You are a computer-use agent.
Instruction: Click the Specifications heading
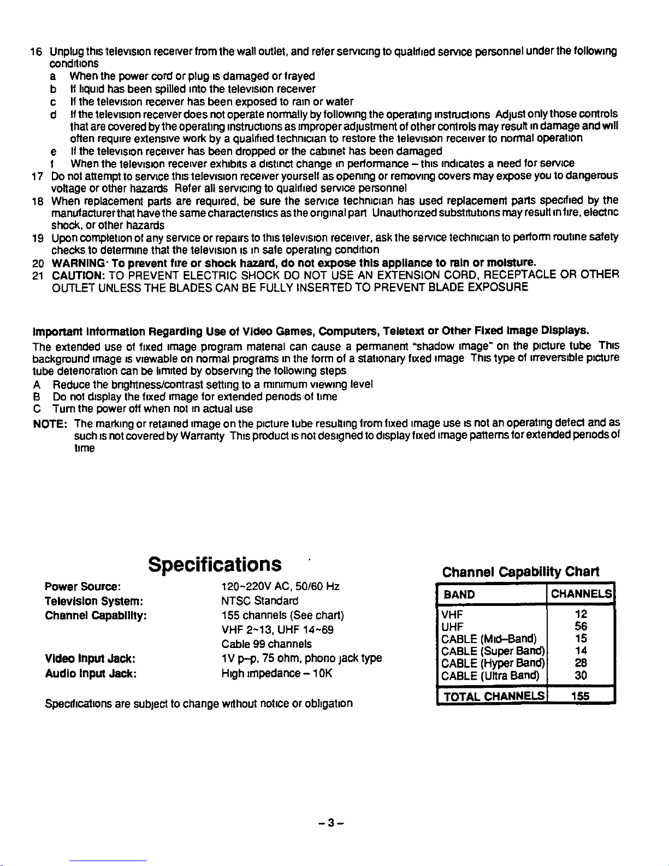[215, 564]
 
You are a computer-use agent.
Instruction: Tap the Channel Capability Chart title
[520, 572]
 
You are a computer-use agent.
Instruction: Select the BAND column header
[459, 594]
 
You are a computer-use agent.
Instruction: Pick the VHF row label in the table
[452, 614]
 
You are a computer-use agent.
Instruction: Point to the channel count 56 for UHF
[581, 626]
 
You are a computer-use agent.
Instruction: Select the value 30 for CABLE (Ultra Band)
[581, 675]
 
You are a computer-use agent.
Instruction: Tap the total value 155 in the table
[581, 696]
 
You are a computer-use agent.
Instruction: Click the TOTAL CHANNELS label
[494, 696]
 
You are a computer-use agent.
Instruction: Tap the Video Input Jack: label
[90, 658]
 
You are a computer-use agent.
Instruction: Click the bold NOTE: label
[50, 423]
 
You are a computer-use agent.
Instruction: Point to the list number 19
[37, 237]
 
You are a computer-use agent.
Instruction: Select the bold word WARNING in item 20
[76, 262]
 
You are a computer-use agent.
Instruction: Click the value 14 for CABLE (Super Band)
[581, 651]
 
